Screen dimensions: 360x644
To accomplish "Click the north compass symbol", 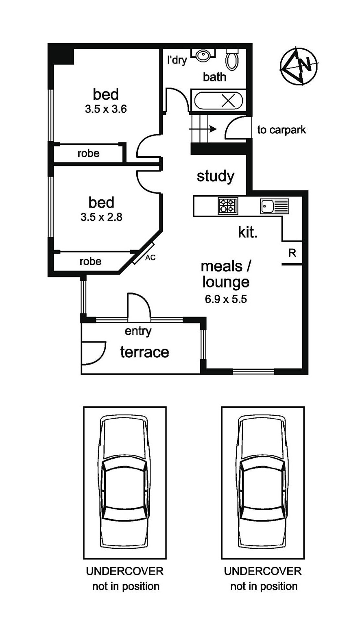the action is [x=299, y=66].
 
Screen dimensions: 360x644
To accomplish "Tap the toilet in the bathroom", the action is [x=232, y=59].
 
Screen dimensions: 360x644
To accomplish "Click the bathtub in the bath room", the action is [x=218, y=100].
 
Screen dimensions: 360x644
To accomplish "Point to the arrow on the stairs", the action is [x=203, y=129].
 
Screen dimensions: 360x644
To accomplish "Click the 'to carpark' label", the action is [x=281, y=130].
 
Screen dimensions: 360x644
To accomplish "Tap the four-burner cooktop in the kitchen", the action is [x=228, y=205].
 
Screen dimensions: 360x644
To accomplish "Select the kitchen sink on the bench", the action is [x=275, y=206].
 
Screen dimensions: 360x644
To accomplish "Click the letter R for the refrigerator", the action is [x=292, y=253].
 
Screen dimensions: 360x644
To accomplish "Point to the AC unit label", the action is [x=150, y=258].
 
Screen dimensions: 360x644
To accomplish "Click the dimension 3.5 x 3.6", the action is [x=106, y=109].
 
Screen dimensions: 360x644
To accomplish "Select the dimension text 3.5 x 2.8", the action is [x=101, y=217].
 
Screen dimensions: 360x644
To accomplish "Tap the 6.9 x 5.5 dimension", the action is [x=226, y=299].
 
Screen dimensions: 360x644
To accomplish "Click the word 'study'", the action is [x=215, y=176].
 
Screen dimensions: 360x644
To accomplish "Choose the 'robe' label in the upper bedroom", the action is [x=89, y=153].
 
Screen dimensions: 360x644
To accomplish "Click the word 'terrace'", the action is [x=144, y=352].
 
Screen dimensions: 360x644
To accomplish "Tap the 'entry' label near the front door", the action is [x=138, y=331].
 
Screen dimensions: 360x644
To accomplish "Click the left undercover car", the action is [x=124, y=482].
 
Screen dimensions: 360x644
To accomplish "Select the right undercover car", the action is [x=262, y=482].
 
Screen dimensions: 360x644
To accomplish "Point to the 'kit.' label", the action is [x=248, y=232].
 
